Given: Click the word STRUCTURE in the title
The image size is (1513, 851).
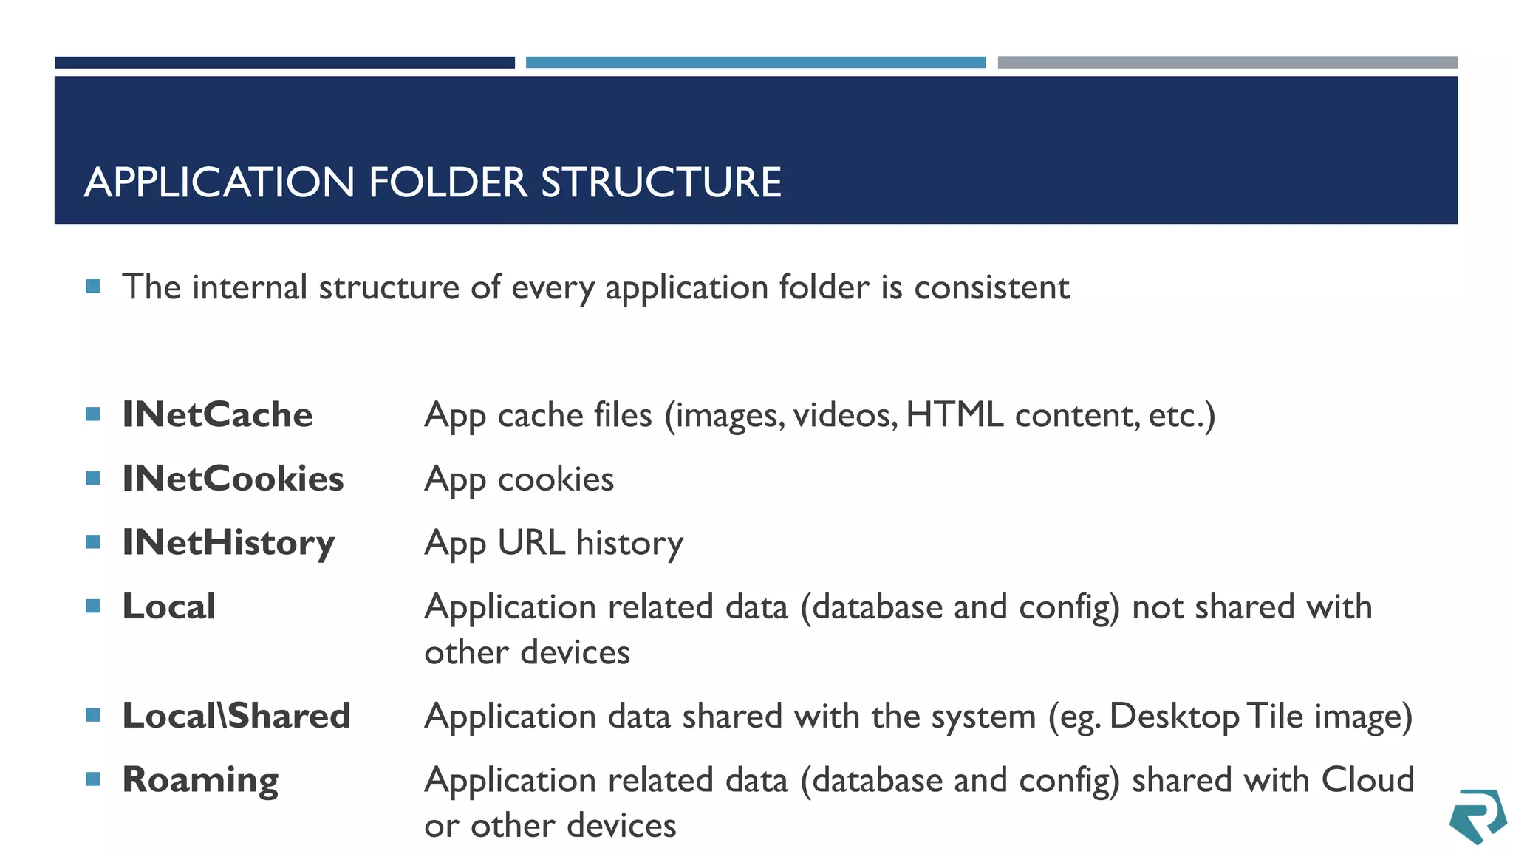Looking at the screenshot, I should coord(661,182).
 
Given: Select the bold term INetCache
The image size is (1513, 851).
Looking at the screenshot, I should coord(217,414).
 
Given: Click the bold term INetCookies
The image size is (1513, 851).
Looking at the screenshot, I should coord(233,479).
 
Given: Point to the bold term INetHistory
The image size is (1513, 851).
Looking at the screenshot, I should coord(228,543).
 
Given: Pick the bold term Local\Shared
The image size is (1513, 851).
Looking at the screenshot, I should coord(236,716).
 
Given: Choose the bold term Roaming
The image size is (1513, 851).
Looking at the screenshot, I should coord(200,780).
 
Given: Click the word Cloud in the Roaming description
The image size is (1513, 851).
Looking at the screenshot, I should coord(1367,780).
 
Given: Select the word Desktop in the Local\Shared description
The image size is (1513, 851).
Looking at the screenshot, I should coord(1174,717).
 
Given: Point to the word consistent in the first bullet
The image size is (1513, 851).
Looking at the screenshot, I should coord(991,287).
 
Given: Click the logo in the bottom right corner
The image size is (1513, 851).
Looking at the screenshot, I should coord(1477,816).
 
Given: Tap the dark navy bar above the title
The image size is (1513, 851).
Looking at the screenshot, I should coord(284,63).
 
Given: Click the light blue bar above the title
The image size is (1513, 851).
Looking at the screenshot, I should coord(755,63).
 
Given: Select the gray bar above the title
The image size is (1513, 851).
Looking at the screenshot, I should coord(1227,63).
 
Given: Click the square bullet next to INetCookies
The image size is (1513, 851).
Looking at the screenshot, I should coord(93,478).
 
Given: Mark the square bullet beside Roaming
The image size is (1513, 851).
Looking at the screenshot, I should coord(93,779).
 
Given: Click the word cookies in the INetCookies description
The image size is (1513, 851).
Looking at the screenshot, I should coord(556,479).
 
